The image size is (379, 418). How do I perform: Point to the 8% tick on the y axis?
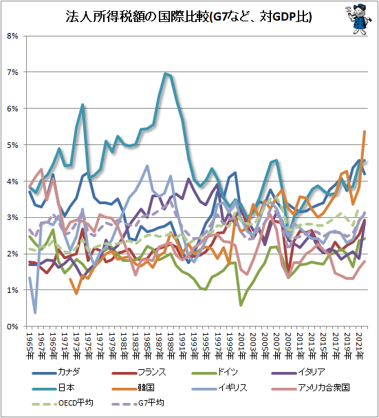pyautogui.click(x=13, y=36)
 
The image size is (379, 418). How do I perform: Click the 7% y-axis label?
pyautogui.click(x=13, y=72)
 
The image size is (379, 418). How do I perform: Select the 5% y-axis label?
pyautogui.click(x=13, y=145)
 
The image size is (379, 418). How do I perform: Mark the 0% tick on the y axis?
pyautogui.click(x=13, y=327)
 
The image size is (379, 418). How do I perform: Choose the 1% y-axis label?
pyautogui.click(x=13, y=290)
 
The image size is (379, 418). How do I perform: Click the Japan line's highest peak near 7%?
pyautogui.click(x=166, y=74)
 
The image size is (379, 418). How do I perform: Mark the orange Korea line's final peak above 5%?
pyautogui.click(x=365, y=131)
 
